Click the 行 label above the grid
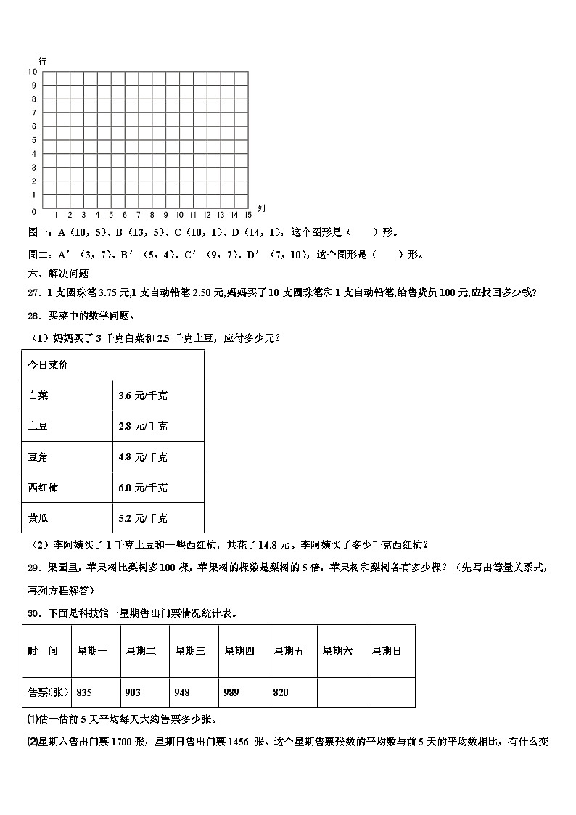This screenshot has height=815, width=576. click(x=43, y=62)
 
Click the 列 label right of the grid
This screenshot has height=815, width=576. click(x=261, y=208)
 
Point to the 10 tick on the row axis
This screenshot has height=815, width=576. click(x=33, y=72)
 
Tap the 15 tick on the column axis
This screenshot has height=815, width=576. click(x=247, y=215)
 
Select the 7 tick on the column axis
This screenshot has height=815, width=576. click(x=138, y=215)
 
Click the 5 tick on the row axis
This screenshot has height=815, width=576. click(x=34, y=141)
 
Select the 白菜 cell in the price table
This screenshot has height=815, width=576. click(x=38, y=396)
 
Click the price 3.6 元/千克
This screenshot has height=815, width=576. click(x=142, y=396)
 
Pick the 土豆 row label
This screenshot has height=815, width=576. click(x=38, y=426)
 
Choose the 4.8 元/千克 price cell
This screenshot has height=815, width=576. click(x=142, y=456)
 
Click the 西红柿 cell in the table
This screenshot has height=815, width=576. click(x=43, y=487)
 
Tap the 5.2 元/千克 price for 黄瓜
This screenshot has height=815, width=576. click(x=142, y=517)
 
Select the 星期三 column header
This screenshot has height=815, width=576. click(x=190, y=651)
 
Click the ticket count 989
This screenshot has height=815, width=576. click(x=232, y=692)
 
